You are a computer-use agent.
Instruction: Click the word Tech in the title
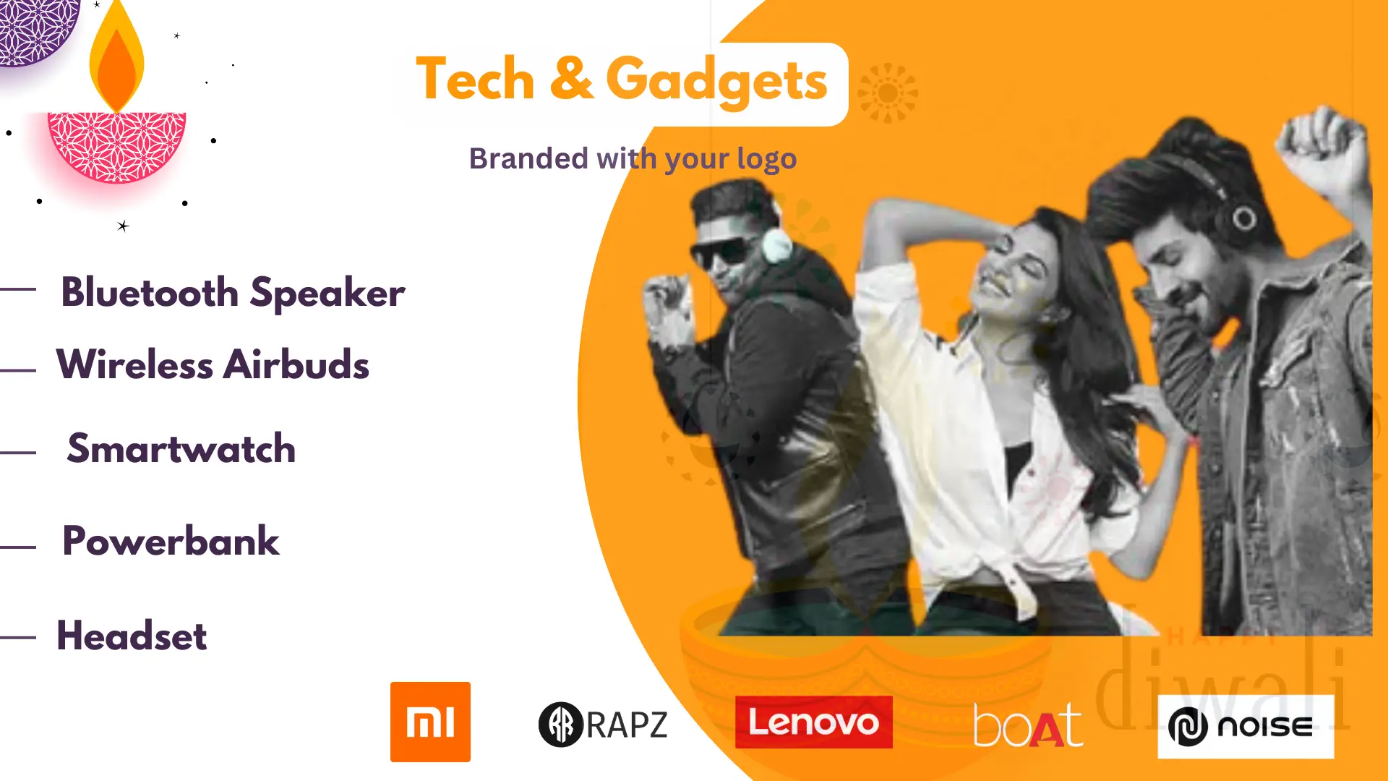(475, 80)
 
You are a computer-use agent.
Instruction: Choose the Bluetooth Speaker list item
(233, 293)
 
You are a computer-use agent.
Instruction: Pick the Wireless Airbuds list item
(213, 364)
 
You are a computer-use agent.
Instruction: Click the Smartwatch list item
(181, 448)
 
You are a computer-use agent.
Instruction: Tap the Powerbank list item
(171, 541)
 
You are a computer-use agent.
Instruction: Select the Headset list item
(132, 636)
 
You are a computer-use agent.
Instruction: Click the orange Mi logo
(430, 722)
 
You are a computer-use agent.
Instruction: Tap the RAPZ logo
(603, 724)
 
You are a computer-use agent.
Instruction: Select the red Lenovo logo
(813, 722)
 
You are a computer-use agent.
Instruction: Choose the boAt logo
(1027, 725)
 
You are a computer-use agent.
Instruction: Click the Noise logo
(1245, 726)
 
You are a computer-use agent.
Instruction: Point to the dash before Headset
(18, 637)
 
